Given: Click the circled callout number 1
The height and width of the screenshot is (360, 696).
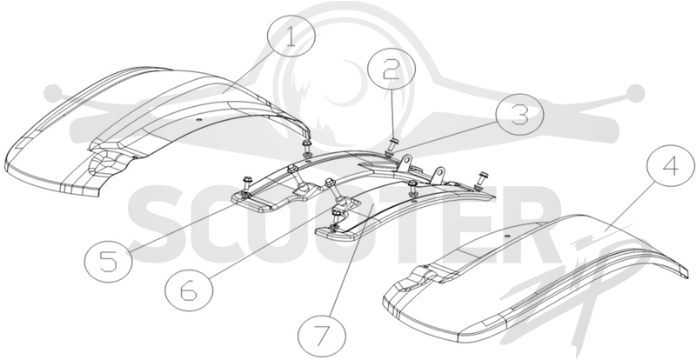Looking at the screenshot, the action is point(291,37).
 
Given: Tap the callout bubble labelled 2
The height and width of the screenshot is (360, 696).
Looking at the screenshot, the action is point(391,71).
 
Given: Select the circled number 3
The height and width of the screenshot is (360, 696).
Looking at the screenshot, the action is point(519,114).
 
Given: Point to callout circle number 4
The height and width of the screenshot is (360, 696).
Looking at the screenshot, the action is point(670,165).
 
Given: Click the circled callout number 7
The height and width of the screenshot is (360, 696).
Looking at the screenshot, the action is point(322,334).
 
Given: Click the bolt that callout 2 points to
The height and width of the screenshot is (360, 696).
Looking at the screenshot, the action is point(393,144).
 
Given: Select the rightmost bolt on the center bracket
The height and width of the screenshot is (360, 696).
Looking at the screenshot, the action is point(480,179).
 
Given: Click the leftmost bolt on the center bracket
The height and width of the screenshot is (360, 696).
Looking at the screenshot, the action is point(246,187).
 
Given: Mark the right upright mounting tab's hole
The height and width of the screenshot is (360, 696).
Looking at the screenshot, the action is point(439,172).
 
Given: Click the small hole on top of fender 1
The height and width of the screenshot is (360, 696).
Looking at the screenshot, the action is point(198,119).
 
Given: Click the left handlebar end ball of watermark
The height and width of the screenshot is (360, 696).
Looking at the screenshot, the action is point(54,93).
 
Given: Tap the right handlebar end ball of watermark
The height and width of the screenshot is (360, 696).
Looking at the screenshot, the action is point(636,93).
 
